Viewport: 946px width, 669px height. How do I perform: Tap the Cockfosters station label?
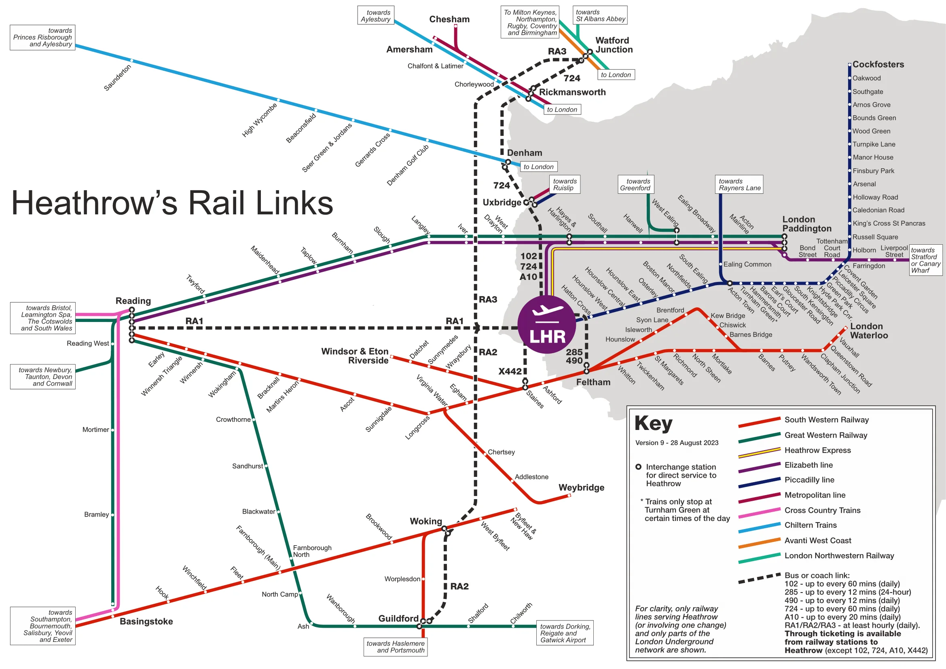[878, 65]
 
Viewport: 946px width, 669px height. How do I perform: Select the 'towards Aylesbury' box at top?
[375, 16]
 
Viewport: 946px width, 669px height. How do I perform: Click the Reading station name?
[133, 301]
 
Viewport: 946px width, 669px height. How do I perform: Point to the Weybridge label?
[581, 487]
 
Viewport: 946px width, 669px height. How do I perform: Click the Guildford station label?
[398, 618]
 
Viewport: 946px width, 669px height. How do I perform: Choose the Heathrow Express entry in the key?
[817, 450]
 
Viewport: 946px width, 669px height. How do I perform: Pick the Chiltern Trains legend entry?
[811, 525]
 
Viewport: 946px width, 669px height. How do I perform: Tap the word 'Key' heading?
[654, 423]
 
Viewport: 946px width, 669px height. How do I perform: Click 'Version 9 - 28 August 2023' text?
[677, 443]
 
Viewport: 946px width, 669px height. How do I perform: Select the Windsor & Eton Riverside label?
[355, 356]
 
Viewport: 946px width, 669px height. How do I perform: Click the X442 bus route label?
[510, 371]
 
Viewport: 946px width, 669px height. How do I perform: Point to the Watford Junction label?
[614, 45]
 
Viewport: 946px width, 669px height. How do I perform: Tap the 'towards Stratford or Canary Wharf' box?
[925, 260]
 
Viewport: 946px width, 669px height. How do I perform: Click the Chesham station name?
[449, 19]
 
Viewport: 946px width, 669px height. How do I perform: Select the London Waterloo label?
[868, 331]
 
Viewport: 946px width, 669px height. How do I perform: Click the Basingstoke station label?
[146, 621]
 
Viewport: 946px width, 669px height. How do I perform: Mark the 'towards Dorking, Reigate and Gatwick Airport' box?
[565, 633]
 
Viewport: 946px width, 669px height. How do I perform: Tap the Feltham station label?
[593, 382]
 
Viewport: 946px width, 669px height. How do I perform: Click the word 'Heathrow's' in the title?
[94, 203]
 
